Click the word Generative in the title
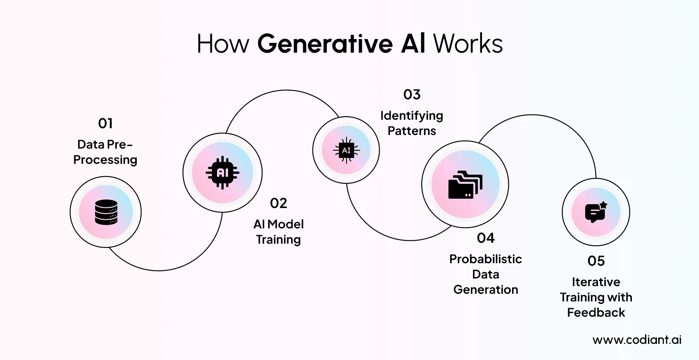[325, 44]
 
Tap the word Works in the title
[468, 44]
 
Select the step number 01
[105, 124]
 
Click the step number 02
[279, 203]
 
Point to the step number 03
[412, 95]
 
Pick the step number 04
[486, 238]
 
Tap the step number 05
[596, 261]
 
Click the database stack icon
[106, 212]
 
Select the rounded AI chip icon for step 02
[223, 173]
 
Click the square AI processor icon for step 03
[346, 150]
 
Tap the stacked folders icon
[465, 185]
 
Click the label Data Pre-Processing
[105, 152]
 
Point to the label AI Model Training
[279, 232]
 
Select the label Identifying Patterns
[412, 123]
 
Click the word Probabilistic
[485, 259]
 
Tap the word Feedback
[596, 313]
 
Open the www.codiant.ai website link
[637, 340]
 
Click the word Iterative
[596, 282]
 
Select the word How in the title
[223, 44]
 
